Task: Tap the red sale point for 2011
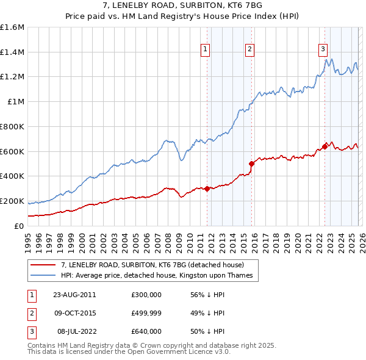pos(207,189)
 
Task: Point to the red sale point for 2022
pos(325,146)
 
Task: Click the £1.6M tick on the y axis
pos(12,27)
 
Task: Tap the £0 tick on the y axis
pos(18,226)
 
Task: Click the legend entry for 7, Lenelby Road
pos(152,265)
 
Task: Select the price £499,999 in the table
pos(146,313)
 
